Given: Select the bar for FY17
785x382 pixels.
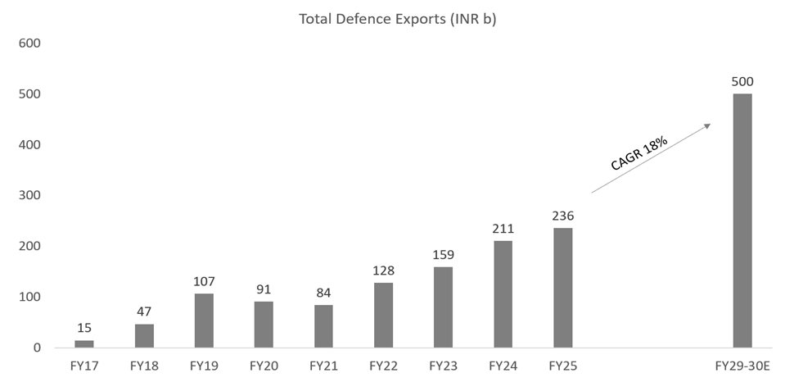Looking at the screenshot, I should [x=84, y=344].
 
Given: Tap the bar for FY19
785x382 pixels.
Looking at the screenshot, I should [x=204, y=321].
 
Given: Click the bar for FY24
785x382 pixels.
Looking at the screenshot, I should [x=503, y=294].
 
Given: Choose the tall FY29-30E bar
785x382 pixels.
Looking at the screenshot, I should [x=742, y=221].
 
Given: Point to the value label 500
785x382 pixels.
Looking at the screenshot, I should [x=742, y=81].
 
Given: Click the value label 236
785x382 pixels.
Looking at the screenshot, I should [x=562, y=216].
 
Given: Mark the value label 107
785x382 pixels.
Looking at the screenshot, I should [x=204, y=281].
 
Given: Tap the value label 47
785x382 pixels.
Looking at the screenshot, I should [x=144, y=312].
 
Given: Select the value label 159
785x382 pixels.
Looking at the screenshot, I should [x=443, y=254].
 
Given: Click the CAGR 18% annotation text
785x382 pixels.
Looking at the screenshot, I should [x=639, y=153].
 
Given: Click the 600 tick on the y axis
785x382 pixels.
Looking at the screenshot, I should [x=29, y=43].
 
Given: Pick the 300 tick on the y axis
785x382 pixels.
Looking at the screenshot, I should [x=29, y=196].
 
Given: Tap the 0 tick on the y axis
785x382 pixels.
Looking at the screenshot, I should [x=37, y=348].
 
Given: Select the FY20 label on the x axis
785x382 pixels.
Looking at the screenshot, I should [x=264, y=366].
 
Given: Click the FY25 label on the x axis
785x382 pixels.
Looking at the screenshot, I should [x=562, y=366].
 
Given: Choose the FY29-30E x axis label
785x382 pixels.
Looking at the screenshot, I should [x=742, y=366].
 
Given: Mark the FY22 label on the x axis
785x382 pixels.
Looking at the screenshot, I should [x=383, y=366].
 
